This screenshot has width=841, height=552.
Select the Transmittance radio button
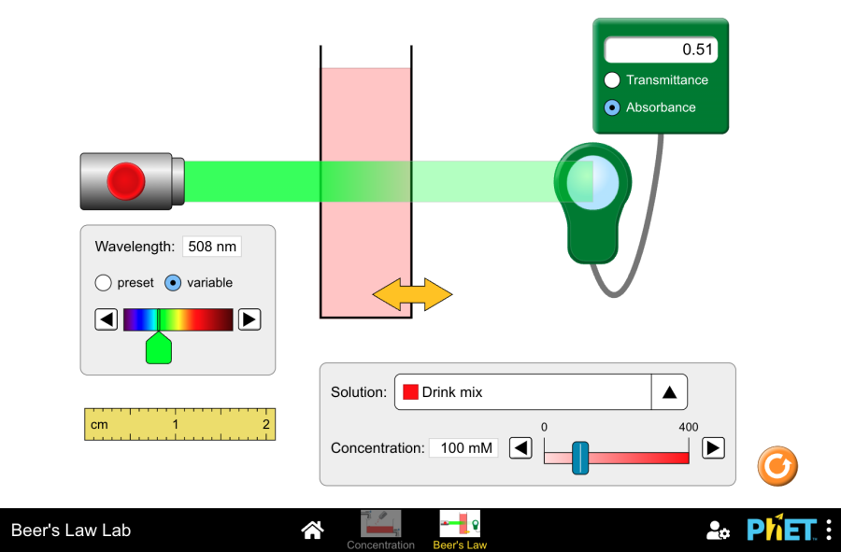(x=612, y=79)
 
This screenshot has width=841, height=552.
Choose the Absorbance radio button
(x=612, y=107)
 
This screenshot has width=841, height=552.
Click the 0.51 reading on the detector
(x=697, y=50)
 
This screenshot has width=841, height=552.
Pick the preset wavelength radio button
(x=103, y=282)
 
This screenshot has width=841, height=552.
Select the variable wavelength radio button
(x=173, y=282)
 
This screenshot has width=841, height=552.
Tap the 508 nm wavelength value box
(x=212, y=247)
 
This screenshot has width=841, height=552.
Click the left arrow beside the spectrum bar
(x=107, y=319)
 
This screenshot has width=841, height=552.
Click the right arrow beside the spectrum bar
(x=249, y=319)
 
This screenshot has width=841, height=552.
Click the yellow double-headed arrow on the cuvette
(x=412, y=294)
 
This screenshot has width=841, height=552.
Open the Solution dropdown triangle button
(x=669, y=392)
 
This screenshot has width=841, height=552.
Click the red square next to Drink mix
(x=410, y=392)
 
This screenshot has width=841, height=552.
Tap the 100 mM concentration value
(x=466, y=448)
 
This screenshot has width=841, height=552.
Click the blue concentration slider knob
(x=579, y=458)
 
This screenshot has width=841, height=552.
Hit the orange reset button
(x=777, y=466)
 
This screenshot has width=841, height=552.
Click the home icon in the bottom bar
(x=312, y=530)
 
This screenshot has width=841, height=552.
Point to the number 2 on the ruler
(x=266, y=424)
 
